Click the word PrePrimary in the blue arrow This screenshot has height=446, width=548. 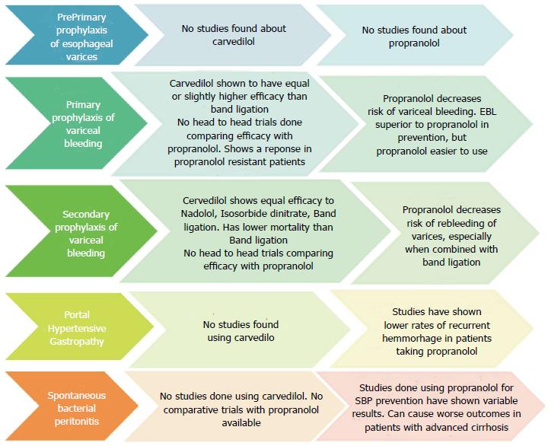click(81, 18)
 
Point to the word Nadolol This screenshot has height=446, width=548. click(199, 214)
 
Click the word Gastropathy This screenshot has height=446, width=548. click(77, 341)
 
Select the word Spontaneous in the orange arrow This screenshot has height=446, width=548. click(77, 395)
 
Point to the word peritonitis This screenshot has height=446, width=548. click(77, 421)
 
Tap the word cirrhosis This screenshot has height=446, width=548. click(488, 427)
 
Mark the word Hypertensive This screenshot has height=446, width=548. click(77, 328)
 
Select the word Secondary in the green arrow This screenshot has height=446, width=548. click(86, 214)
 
